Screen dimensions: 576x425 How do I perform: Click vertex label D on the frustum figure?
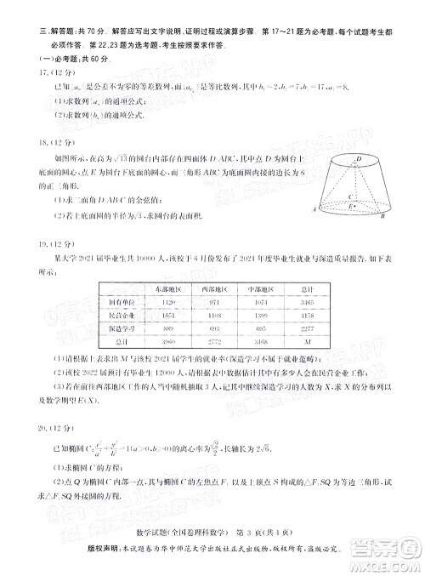(359, 159)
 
